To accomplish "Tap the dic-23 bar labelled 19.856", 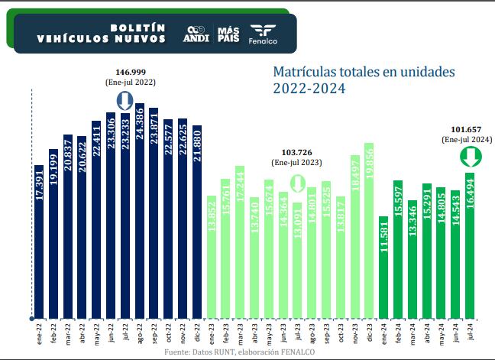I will point(369,229).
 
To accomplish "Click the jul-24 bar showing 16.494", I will point(470,252).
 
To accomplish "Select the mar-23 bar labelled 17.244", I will point(240,241).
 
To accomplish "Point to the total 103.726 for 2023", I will point(296,153).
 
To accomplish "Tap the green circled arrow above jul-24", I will point(470,157).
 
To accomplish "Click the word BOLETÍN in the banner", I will point(137,27).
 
